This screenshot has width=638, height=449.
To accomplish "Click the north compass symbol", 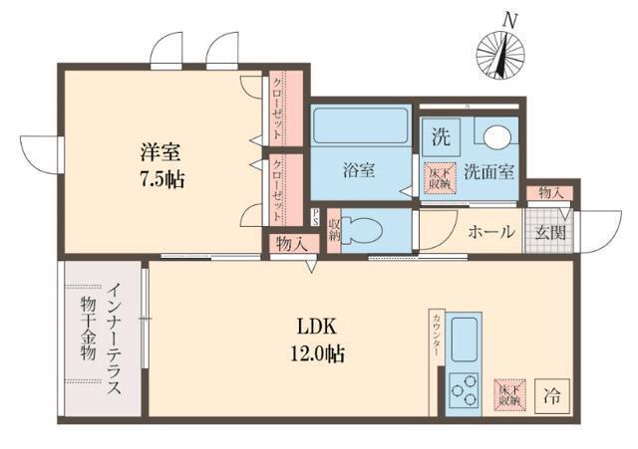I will pos(502,51).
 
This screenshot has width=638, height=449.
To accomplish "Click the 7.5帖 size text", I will pos(161,181).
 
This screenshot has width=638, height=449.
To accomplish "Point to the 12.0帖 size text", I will pos(319,352).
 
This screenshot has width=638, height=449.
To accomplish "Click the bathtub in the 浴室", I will pos(360,126).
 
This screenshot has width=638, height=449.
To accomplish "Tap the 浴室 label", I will pos(360,170).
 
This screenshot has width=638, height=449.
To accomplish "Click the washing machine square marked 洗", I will pos(440,132).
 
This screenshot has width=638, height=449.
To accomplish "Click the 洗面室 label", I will pos(490,171).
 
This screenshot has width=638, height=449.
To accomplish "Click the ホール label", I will pos(491,232).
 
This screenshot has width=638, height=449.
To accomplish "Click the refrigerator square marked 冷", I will pos(551,395).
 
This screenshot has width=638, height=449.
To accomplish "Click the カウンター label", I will pos(437,333).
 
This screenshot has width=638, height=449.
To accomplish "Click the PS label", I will pos(315,217).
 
